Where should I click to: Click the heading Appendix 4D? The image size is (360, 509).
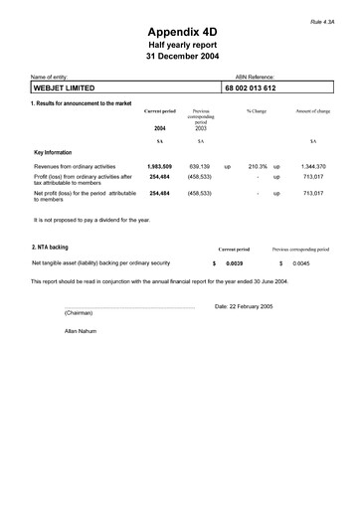[182, 32]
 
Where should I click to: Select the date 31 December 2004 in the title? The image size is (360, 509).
[182, 57]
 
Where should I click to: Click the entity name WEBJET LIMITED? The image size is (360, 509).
[71, 88]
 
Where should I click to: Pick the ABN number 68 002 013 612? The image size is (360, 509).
[252, 88]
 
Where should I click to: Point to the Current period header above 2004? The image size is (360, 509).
[160, 111]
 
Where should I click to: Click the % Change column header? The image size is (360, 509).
[257, 111]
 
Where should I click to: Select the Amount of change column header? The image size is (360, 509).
[312, 111]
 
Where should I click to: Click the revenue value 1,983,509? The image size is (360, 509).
[160, 166]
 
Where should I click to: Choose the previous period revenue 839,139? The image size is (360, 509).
[199, 166]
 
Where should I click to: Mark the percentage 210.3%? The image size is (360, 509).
[259, 166]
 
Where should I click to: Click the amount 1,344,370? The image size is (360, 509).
[313, 166]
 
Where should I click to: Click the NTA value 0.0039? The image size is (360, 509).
[235, 263]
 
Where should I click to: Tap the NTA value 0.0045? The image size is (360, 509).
[301, 263]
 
